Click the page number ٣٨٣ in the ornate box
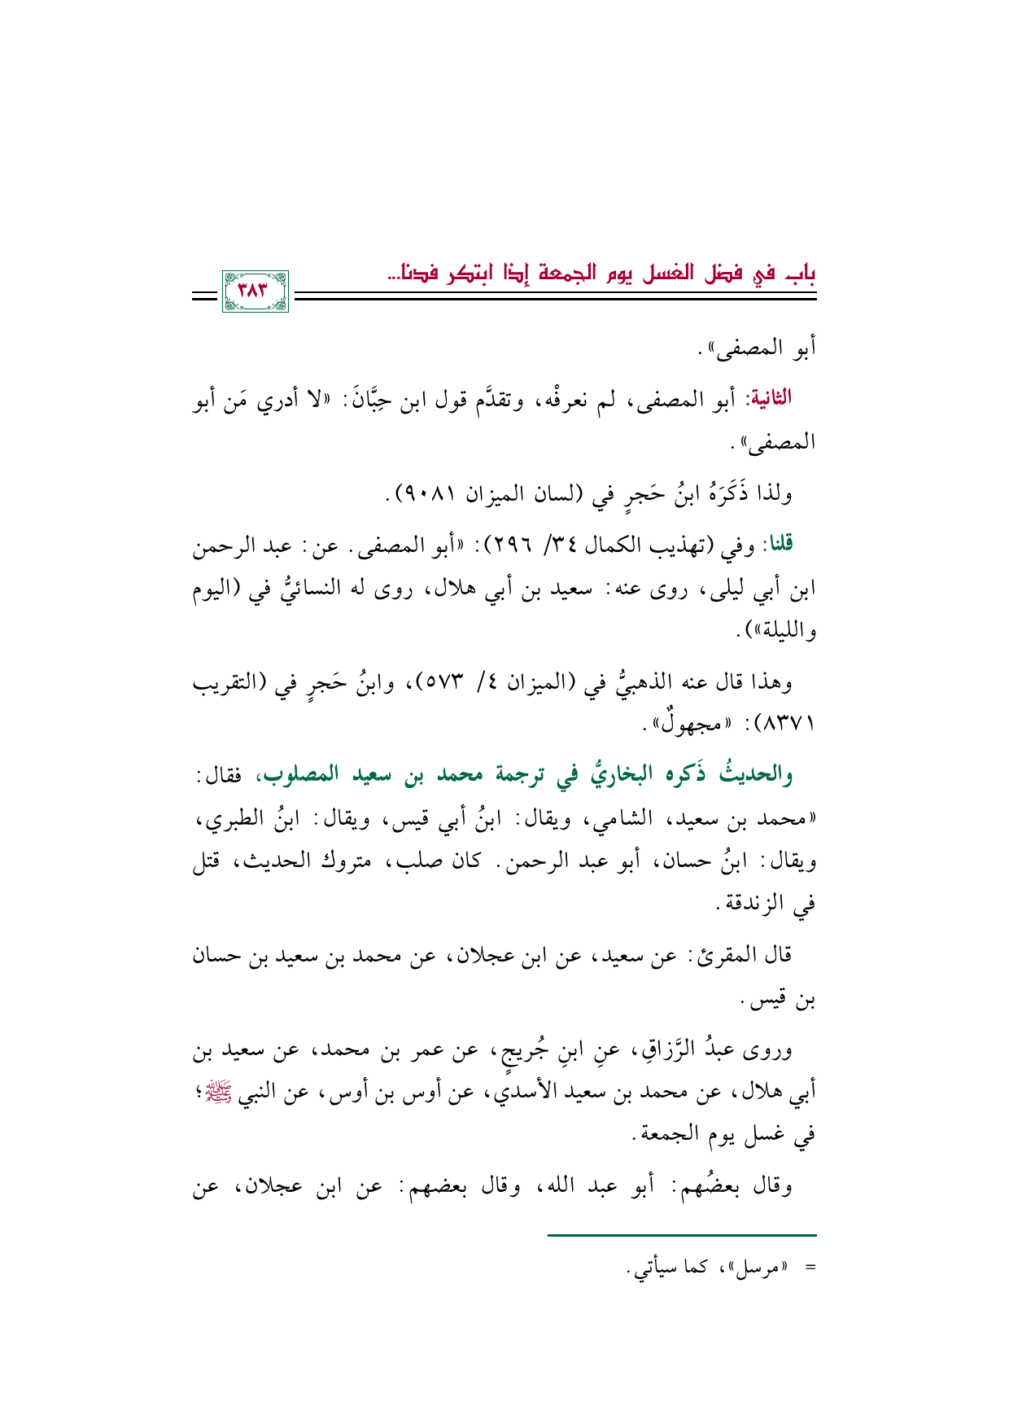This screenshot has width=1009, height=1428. pyautogui.click(x=255, y=291)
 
